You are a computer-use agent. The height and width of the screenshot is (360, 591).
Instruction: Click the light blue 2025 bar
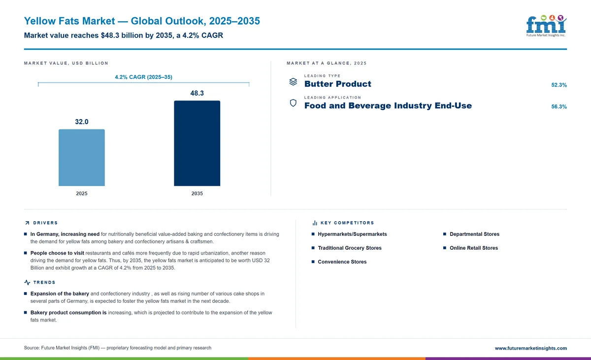coord(82,158)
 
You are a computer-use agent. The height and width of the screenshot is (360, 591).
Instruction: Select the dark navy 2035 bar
coord(197,143)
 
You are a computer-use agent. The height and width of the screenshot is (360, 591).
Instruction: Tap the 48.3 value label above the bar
coord(197,93)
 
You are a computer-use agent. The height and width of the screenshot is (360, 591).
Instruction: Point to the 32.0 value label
coord(82,122)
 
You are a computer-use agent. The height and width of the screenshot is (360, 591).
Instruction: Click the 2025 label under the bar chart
coord(82,194)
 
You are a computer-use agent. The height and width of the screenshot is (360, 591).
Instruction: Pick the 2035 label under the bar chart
coord(197,194)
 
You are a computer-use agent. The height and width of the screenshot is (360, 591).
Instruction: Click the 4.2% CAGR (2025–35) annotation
coord(143,77)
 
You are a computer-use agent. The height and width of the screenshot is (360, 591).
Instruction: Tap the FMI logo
coord(546,26)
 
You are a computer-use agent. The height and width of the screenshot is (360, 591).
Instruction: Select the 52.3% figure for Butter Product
coord(559,85)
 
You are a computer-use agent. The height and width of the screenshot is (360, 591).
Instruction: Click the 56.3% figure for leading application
coord(559,106)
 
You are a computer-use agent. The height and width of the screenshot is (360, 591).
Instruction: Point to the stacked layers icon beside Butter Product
coord(293,82)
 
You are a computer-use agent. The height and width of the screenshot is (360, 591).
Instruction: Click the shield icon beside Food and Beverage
coord(293,103)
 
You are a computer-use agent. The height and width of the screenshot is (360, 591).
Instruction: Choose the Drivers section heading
coord(45,223)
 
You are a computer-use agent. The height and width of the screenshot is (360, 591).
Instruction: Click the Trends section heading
coord(44,283)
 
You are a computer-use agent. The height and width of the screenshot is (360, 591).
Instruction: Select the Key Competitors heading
coord(347,223)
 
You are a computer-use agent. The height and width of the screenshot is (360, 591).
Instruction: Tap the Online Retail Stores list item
coord(474,248)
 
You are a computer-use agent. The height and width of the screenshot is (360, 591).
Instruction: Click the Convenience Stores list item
coord(342,262)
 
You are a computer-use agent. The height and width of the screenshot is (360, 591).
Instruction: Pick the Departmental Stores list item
coord(474,234)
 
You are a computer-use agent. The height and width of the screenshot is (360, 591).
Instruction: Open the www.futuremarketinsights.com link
coord(530,348)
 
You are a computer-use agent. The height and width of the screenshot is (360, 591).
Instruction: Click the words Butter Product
coord(338,84)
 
